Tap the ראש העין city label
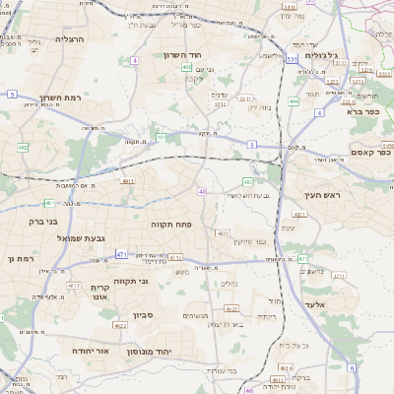click(x=320, y=196)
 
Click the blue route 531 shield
click(x=292, y=60)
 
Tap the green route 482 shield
click(x=23, y=148)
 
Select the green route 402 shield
click(x=186, y=67)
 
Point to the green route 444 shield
click(x=294, y=100)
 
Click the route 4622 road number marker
click(x=222, y=233)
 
